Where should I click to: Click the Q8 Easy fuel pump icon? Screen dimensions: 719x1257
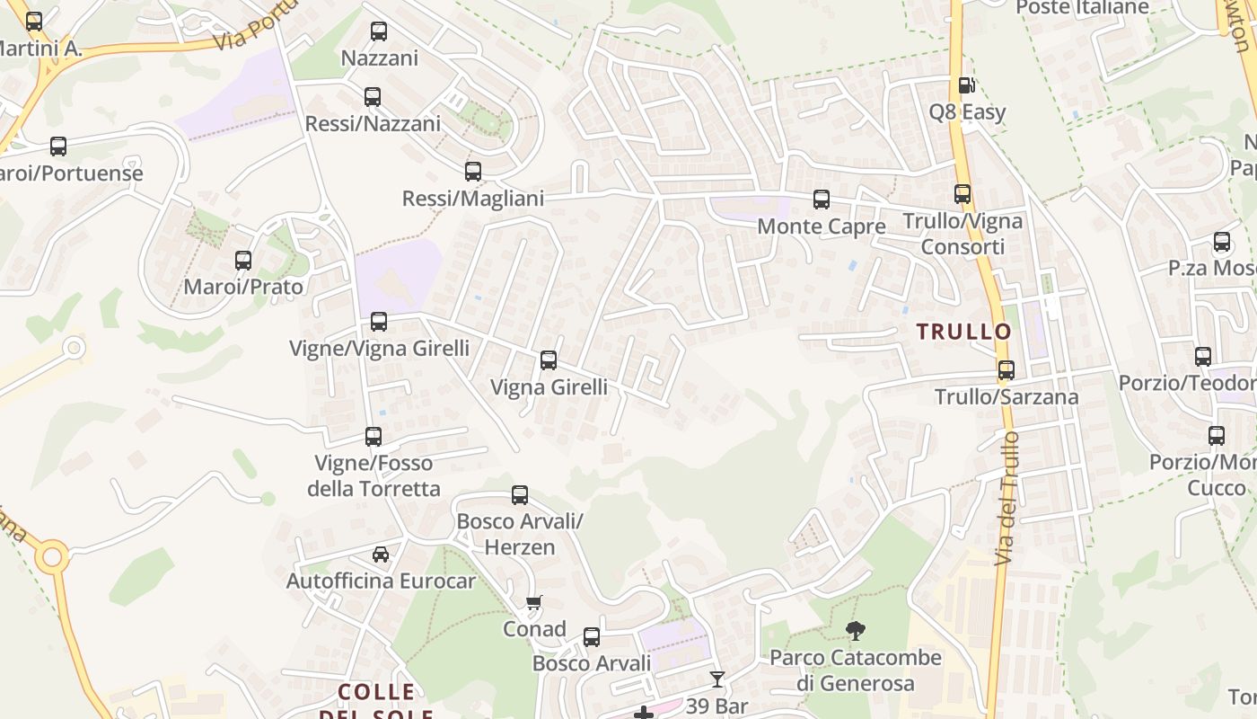(966, 85)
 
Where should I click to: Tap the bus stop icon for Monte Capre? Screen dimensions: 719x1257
(822, 200)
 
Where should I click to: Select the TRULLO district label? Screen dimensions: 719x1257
(963, 332)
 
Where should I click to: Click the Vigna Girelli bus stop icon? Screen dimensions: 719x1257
(549, 360)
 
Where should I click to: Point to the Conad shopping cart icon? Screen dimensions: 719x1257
(534, 602)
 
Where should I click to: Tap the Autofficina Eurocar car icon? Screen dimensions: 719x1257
(381, 554)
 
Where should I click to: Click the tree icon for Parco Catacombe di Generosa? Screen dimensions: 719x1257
(856, 631)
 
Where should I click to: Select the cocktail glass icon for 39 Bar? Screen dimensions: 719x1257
(716, 679)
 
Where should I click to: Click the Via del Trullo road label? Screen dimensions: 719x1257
(1007, 498)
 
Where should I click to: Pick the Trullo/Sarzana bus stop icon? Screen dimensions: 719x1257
(1006, 369)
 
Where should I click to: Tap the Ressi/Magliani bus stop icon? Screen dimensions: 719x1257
(473, 171)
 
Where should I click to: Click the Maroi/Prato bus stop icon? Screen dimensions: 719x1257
(243, 261)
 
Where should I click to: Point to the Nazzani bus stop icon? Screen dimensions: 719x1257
(379, 31)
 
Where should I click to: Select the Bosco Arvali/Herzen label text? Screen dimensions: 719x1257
(519, 534)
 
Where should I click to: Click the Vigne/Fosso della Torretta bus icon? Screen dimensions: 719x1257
(374, 437)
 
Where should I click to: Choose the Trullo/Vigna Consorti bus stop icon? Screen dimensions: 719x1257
(963, 193)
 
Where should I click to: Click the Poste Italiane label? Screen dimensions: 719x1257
(1082, 8)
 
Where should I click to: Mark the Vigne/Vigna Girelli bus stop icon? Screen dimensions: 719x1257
(379, 321)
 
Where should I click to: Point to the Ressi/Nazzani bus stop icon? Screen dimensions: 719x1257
(373, 96)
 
